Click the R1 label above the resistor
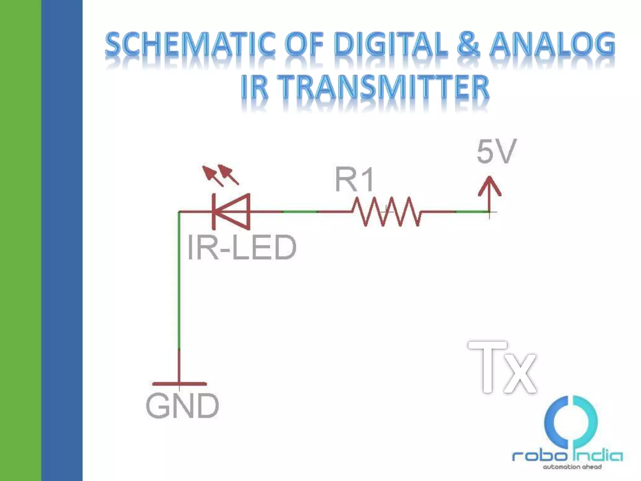pos(354,180)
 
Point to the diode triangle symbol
pos(232,211)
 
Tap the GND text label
pos(182,406)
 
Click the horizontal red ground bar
pos(179,384)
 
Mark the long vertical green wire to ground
pos(179,282)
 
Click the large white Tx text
pos(503,368)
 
